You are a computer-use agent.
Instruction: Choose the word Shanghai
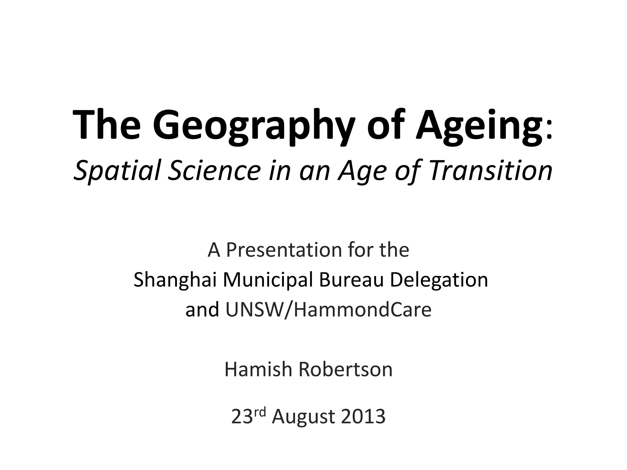(175, 280)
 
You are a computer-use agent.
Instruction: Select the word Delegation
(439, 280)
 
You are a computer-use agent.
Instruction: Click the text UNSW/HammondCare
(328, 310)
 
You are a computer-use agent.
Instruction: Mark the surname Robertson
(345, 369)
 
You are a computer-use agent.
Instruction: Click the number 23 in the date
(242, 416)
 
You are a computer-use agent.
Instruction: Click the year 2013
(363, 416)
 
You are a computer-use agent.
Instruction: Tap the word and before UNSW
(202, 310)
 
